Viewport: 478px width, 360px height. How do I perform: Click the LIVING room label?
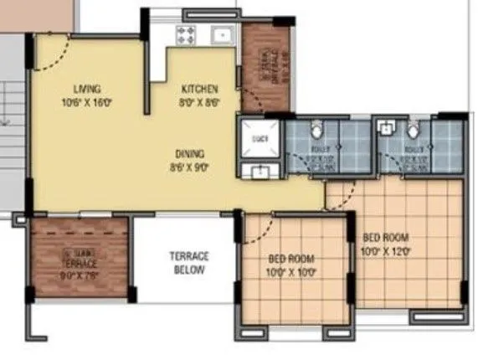tap(86, 89)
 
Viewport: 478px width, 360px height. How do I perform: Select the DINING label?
tap(189, 153)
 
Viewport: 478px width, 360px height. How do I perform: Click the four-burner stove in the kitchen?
tap(185, 35)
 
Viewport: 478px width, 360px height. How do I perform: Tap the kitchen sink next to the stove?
tap(221, 35)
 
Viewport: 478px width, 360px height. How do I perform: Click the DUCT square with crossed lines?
tap(260, 138)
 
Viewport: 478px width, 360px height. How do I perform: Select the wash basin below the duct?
tap(260, 172)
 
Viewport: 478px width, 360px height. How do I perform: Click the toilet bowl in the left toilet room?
tap(316, 131)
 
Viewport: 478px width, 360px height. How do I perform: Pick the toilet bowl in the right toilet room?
tap(413, 131)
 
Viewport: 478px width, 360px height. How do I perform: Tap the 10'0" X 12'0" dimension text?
tap(384, 250)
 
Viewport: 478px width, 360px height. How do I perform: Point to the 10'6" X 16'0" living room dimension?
tap(87, 102)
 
